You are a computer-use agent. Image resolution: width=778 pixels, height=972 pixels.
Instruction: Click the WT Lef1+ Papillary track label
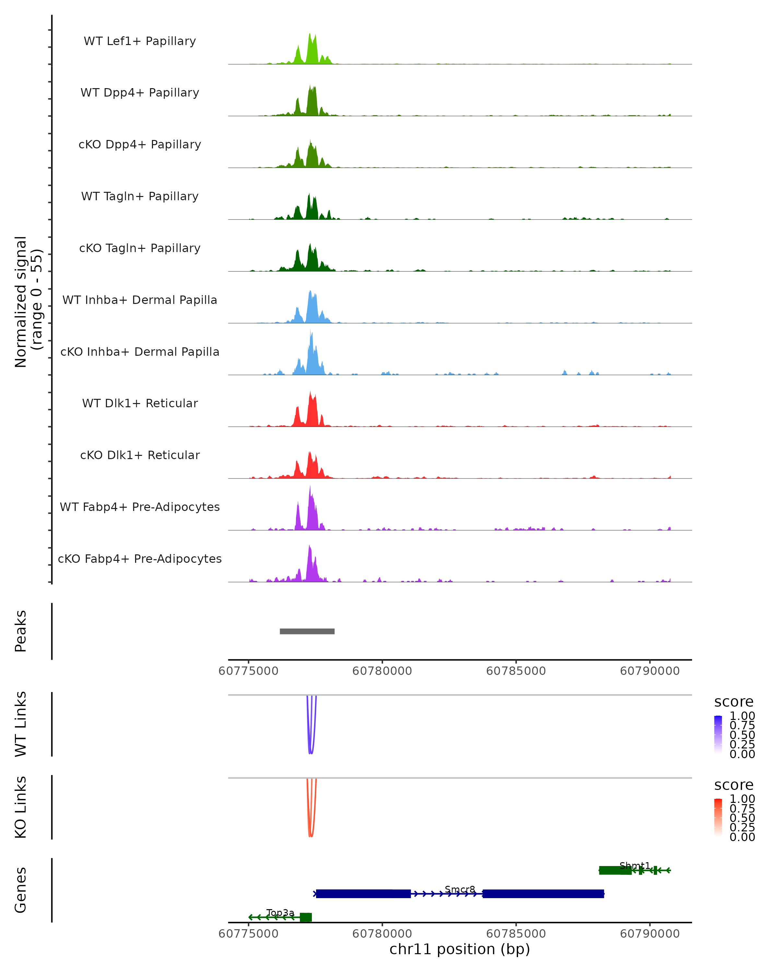click(140, 41)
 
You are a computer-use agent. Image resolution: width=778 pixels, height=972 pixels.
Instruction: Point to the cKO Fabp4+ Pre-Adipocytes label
click(140, 559)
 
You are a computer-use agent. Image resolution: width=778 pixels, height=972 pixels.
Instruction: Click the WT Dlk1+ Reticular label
click(140, 403)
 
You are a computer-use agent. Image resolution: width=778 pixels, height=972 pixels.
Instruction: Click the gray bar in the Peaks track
click(307, 631)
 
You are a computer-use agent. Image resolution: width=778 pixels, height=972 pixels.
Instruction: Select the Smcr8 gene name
click(460, 889)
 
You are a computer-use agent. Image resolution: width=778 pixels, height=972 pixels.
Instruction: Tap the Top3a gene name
click(280, 912)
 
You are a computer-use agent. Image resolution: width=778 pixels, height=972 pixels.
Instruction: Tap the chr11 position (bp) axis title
click(460, 949)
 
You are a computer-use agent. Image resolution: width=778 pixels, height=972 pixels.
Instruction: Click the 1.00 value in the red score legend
click(742, 798)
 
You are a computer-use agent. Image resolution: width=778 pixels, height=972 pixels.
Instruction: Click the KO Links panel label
click(21, 807)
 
